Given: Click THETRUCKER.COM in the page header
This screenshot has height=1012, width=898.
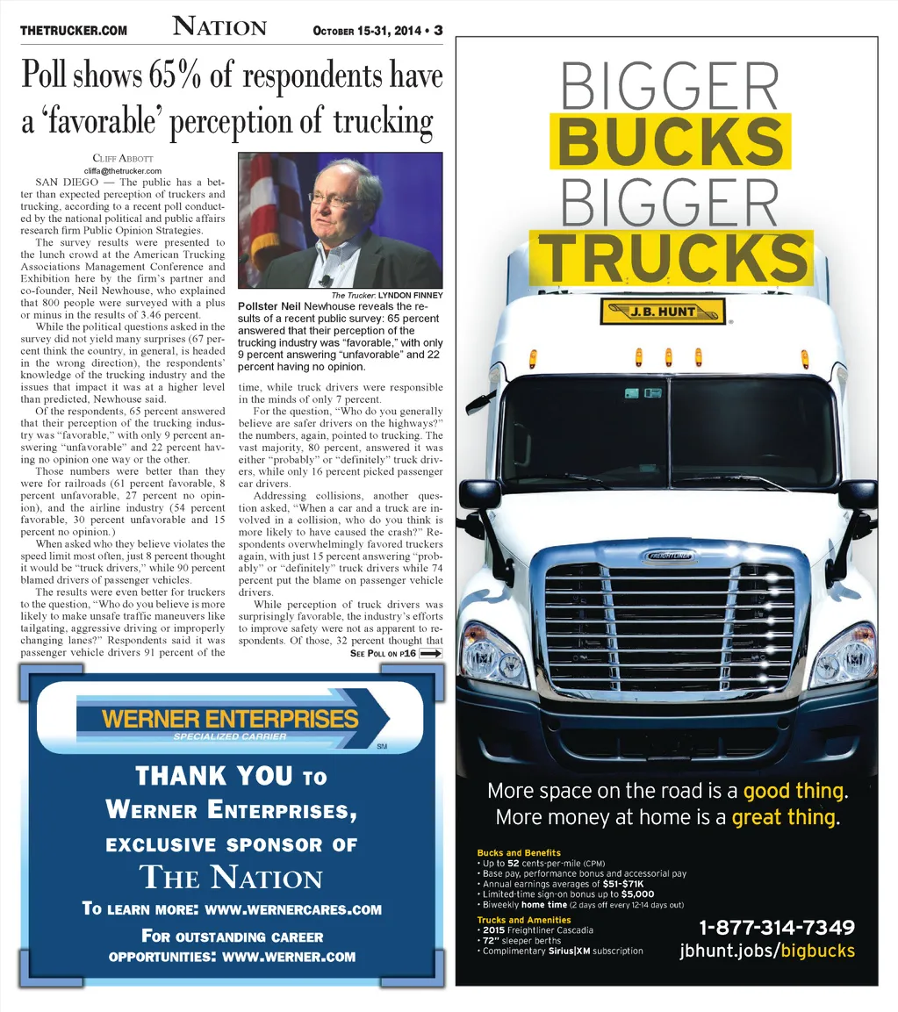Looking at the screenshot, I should tap(74, 31).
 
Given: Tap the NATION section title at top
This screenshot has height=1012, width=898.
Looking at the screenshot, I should tap(219, 27).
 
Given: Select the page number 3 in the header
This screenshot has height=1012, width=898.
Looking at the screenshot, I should tap(438, 31).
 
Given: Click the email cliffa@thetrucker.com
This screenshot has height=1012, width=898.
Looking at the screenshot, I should tap(123, 170).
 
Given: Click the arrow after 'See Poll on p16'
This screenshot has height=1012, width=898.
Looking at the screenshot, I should tap(431, 653).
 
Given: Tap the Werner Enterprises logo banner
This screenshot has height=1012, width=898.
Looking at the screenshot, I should tap(232, 721).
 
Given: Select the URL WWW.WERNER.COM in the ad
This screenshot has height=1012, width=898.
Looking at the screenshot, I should tap(289, 956).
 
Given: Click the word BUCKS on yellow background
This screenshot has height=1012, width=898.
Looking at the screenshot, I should tap(670, 140).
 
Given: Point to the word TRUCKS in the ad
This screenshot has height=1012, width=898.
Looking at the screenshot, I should tap(672, 257).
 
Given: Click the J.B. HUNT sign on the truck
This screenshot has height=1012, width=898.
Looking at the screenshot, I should tap(663, 312).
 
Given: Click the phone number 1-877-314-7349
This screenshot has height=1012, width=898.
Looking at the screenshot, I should tap(777, 928).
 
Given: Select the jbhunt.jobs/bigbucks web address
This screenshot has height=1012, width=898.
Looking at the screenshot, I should tap(767, 951).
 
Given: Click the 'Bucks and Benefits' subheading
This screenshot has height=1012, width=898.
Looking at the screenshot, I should tap(518, 852).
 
